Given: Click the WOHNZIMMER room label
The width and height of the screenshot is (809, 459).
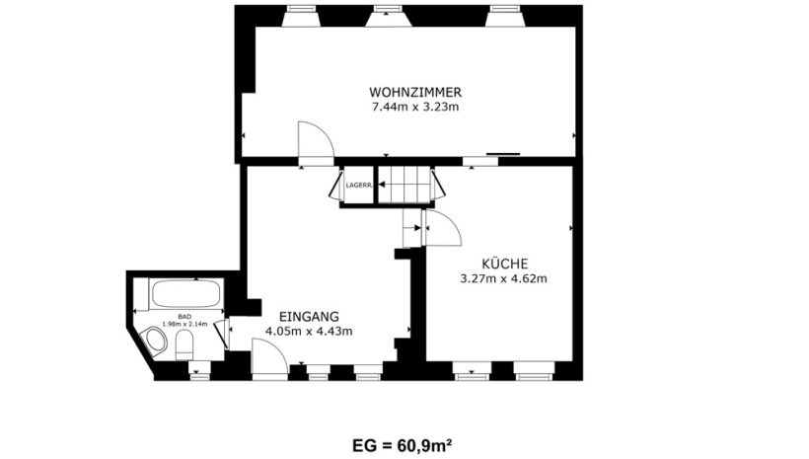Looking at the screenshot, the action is pos(415,93).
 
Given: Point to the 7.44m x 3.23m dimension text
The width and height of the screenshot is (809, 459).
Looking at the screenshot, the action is pos(415,108).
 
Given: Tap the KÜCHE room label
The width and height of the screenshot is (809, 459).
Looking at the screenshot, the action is pos(504,264).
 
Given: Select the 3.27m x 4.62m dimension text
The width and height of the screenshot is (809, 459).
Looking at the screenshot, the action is pos(503,278).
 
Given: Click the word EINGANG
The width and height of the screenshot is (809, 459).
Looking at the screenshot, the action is pos(309,316).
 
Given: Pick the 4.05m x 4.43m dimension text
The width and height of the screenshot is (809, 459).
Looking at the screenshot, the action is pos(309,331).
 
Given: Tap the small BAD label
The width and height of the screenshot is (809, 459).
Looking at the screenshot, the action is pos(184,317).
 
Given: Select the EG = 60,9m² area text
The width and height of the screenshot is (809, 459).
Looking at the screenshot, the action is pos(403,445).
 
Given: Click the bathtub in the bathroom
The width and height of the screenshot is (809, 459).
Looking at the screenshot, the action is pos(186,294).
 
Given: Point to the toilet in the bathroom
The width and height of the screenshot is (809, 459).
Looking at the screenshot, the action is pos(184,345).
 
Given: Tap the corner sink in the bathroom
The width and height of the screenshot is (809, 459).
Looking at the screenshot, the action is pos(156,342).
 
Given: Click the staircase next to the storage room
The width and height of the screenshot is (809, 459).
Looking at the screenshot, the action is pos(405,185).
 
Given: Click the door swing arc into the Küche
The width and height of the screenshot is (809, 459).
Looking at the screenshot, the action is pos(450,222).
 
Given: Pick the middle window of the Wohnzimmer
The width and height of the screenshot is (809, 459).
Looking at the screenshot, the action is pos(388,16).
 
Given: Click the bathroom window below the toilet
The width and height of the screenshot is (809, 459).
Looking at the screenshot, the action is pos(199,371).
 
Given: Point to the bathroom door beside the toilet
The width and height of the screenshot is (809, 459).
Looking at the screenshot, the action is pos(223,335).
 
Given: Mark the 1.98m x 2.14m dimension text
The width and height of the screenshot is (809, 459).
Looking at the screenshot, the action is pos(184,324).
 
